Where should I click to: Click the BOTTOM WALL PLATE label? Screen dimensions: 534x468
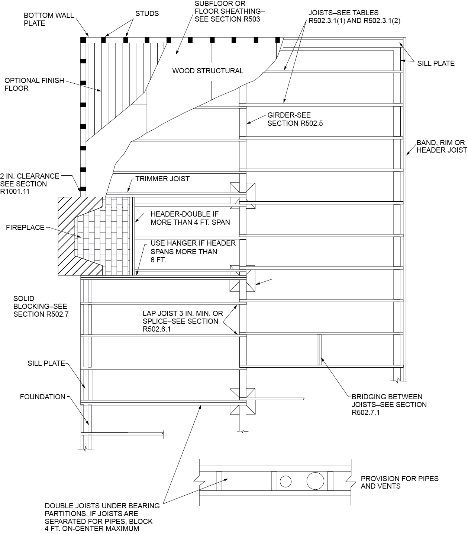pos(49,19)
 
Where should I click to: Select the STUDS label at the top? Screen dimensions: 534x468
pos(147,14)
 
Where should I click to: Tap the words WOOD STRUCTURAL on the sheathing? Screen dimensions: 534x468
pos(207,71)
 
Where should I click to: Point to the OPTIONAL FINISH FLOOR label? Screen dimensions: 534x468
pos(34,84)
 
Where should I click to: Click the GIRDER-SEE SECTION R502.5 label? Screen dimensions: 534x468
pos(295,119)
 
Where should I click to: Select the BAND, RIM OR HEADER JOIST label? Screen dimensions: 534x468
pos(441,146)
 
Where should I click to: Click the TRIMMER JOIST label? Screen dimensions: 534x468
pos(162,179)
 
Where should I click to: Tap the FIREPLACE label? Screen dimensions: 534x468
pos(25,227)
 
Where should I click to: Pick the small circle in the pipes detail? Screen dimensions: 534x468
pos(285,482)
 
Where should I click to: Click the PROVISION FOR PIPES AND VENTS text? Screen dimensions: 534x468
pos(399,482)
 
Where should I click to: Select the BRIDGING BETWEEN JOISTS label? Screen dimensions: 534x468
pos(389,405)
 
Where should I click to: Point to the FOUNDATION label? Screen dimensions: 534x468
pos(43,397)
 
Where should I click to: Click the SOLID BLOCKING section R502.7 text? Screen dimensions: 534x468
pos(40,306)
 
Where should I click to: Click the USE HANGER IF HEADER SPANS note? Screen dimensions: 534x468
pos(193,251)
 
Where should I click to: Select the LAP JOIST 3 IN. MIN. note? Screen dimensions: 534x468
pos(183,321)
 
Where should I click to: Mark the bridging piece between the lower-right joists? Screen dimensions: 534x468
pos(319,350)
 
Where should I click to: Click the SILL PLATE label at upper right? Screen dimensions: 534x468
pos(435,63)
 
